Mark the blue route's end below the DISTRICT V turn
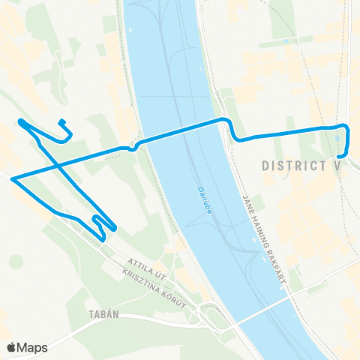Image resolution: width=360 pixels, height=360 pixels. tap(341, 156)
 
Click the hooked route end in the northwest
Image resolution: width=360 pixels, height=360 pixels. tap(61, 122)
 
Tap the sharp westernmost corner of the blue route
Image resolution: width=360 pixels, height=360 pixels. tap(13, 178)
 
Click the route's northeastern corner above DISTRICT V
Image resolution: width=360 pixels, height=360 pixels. tap(346, 126)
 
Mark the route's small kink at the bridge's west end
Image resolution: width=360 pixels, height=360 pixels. tap(132, 148)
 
